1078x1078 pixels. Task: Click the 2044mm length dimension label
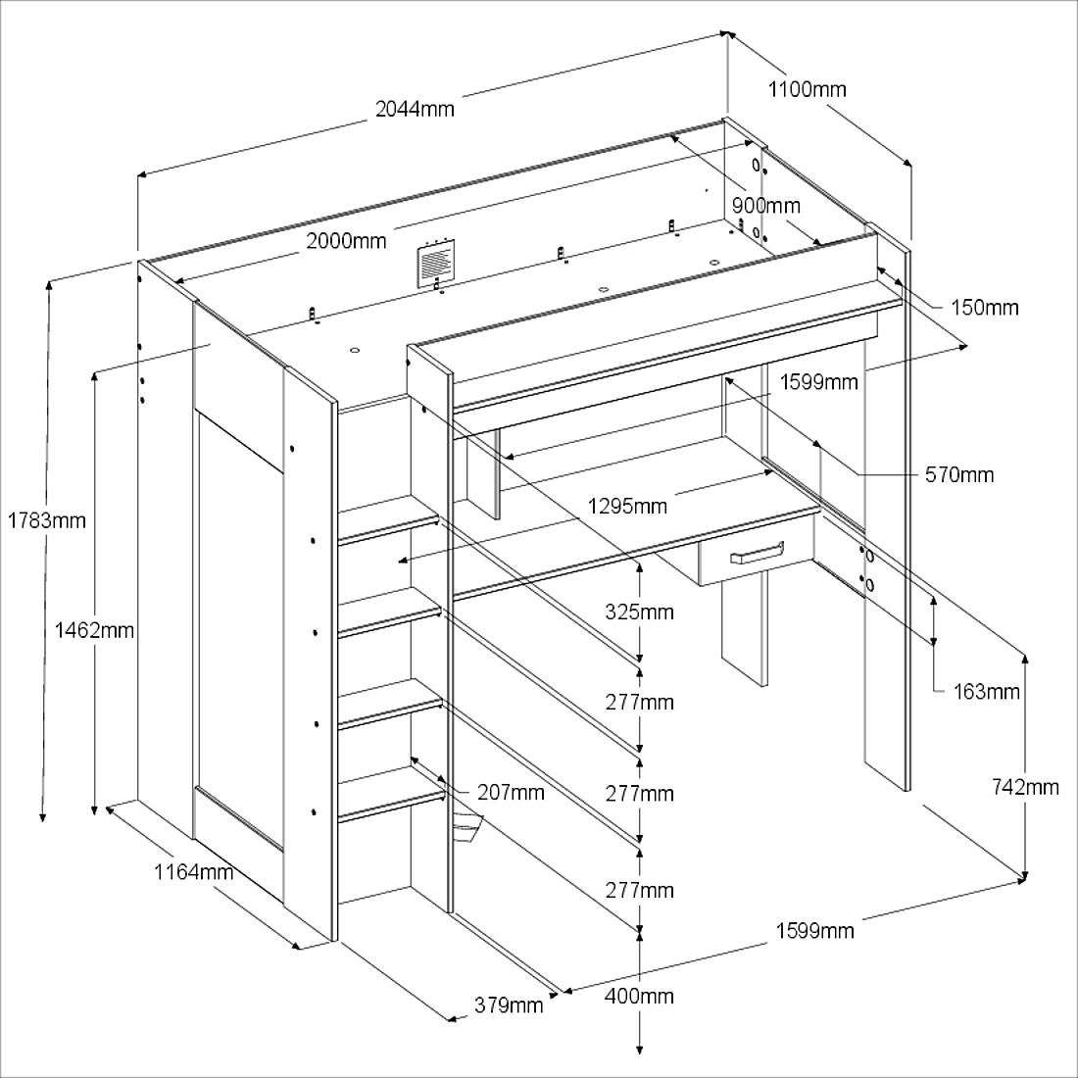point(415,109)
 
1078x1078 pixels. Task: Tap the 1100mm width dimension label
point(807,89)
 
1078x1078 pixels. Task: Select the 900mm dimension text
point(765,206)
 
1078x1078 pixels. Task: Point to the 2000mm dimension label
point(346,241)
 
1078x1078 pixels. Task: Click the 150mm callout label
point(985,308)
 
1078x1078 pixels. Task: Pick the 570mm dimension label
point(959,475)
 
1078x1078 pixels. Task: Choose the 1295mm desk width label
point(627,507)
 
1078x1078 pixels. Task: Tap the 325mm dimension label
point(639,612)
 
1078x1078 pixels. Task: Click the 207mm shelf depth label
point(511,792)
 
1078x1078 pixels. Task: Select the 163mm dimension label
point(987,692)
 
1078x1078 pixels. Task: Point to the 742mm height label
point(1026,787)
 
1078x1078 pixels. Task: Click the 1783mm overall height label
point(46,520)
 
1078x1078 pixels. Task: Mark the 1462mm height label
point(95,630)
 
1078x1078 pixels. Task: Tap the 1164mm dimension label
point(193,871)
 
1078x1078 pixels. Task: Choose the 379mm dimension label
point(509,1004)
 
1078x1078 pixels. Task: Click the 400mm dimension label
point(639,997)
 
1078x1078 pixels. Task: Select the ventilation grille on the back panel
point(436,263)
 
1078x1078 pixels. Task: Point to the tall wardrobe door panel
point(240,627)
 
